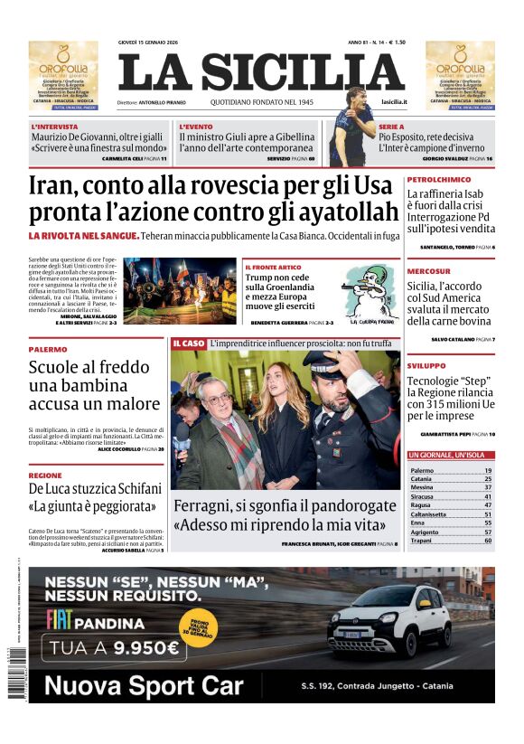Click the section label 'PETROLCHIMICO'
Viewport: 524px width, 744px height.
tap(439, 180)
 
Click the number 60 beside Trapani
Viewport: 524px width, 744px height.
tap(488, 541)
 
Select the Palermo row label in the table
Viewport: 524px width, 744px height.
tap(422, 471)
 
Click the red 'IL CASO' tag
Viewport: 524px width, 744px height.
tap(189, 344)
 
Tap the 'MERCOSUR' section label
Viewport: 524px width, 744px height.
tap(428, 271)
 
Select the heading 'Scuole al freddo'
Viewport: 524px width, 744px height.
tap(89, 367)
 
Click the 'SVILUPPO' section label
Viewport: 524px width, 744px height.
tap(426, 365)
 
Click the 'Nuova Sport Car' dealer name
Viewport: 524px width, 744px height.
tap(144, 685)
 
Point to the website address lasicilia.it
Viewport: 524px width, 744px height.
tap(394, 102)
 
